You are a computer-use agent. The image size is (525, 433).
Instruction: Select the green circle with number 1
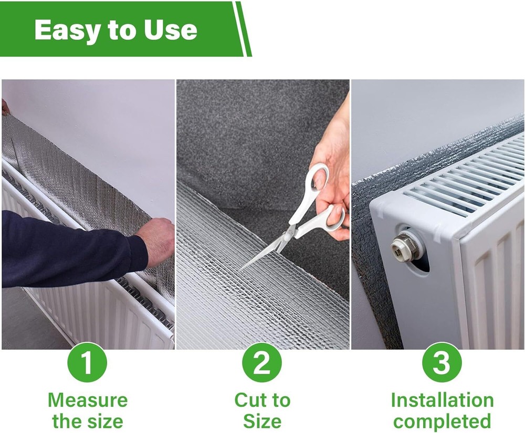(87, 362)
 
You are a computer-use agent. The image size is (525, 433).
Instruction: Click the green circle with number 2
(262, 362)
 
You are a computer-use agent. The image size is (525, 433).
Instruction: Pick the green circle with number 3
(442, 362)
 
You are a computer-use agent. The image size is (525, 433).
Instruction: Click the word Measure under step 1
(87, 400)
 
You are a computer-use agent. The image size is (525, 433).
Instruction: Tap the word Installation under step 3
(442, 400)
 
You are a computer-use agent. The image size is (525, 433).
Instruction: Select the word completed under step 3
(442, 421)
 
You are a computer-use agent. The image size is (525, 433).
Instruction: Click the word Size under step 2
(262, 421)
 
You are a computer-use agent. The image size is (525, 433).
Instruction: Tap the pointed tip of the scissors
(243, 269)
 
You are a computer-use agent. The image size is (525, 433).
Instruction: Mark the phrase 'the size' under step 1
(87, 421)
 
